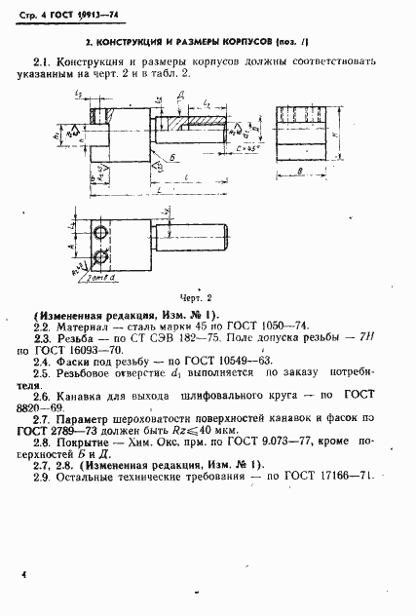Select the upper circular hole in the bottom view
(100, 232)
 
